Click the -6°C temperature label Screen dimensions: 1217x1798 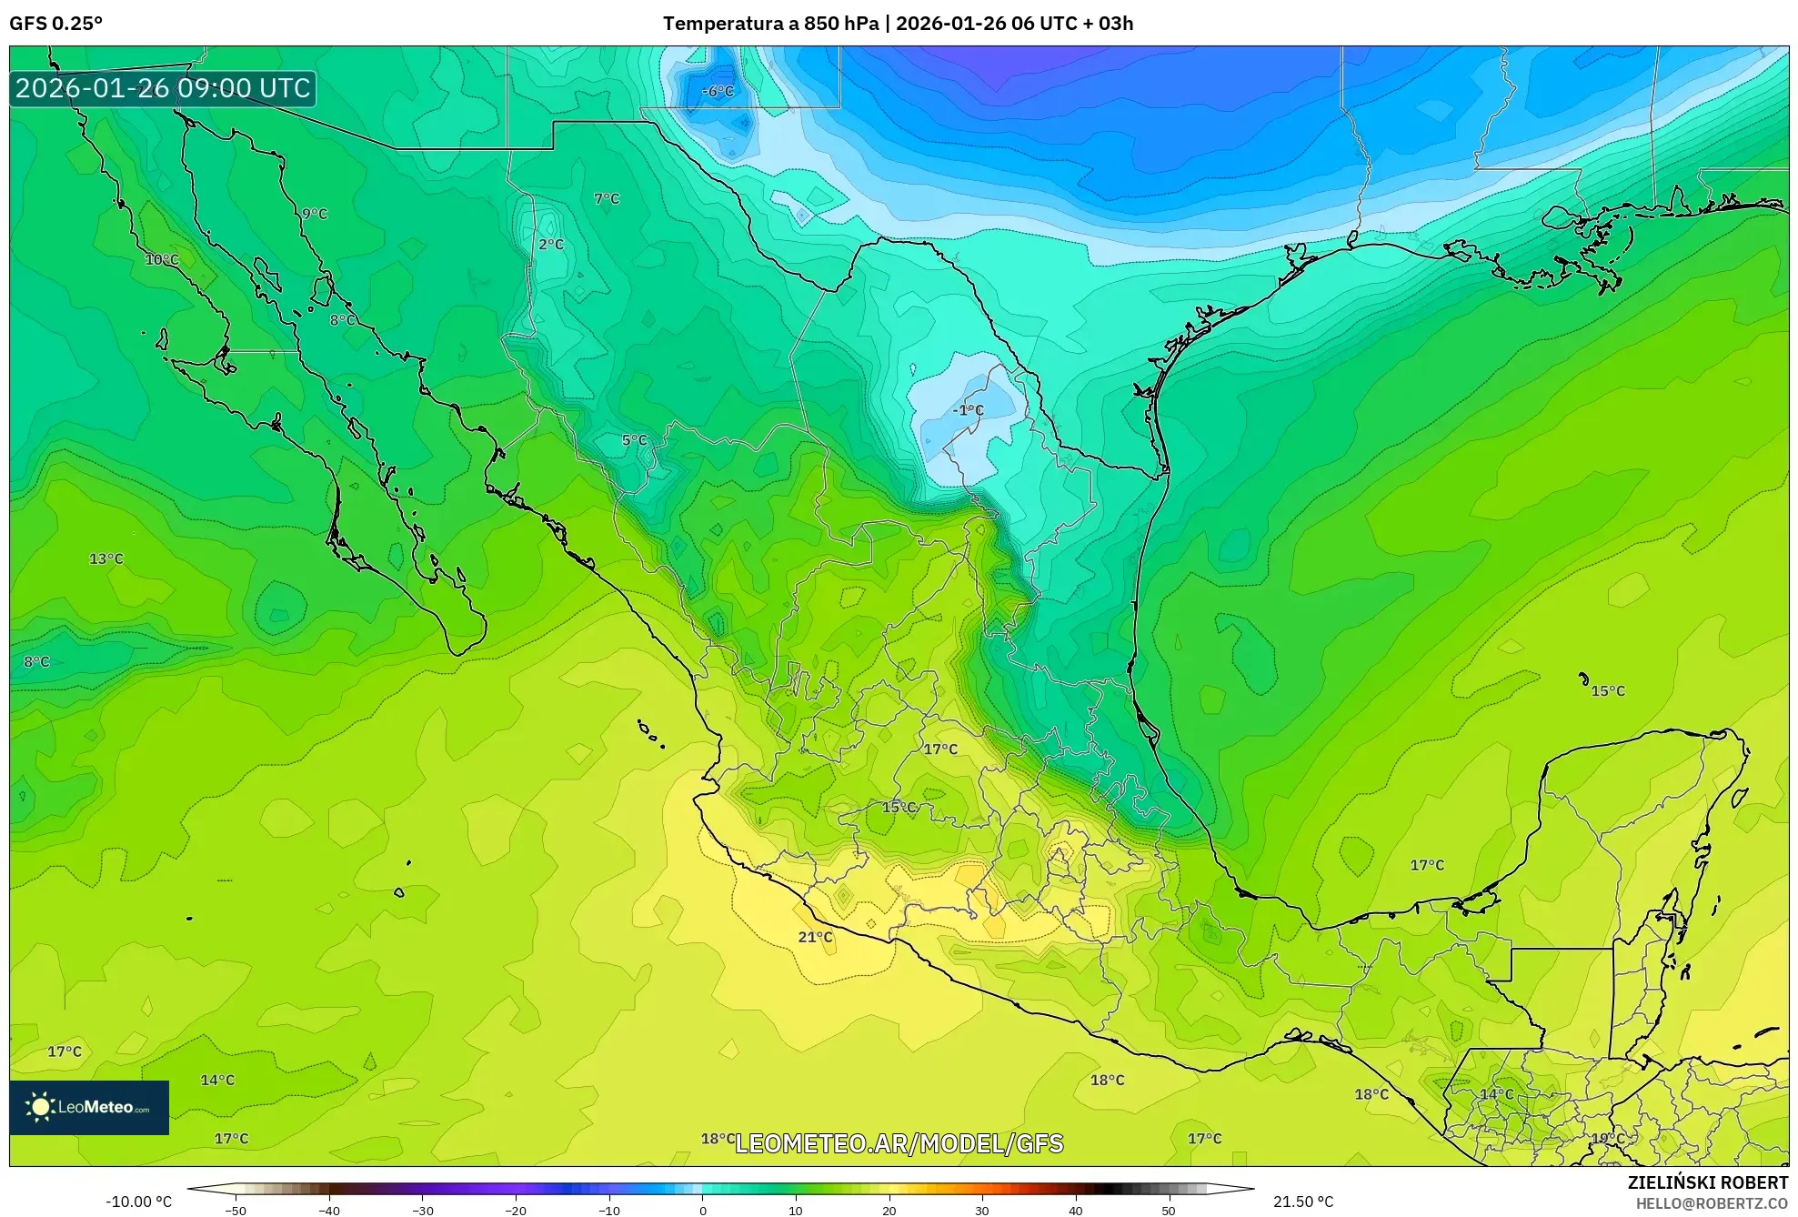point(718,91)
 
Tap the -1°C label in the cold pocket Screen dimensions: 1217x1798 point(968,410)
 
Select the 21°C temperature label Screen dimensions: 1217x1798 point(815,937)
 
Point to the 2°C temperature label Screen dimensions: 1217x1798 point(551,244)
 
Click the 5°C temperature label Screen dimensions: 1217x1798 point(634,440)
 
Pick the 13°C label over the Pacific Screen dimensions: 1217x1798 point(105,558)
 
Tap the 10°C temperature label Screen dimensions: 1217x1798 point(162,259)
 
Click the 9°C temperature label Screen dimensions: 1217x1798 point(315,214)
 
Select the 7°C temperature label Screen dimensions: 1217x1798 point(607,198)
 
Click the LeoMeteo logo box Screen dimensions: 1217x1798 point(89,1107)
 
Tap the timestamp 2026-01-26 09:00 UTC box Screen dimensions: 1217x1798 point(163,88)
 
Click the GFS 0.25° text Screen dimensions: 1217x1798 point(55,24)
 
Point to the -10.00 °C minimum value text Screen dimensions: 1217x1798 point(138,1202)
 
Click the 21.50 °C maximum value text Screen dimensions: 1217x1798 point(1302,1202)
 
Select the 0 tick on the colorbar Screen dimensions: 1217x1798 point(702,1211)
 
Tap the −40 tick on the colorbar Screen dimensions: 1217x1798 point(329,1211)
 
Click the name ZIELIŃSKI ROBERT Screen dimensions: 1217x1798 point(1707,1182)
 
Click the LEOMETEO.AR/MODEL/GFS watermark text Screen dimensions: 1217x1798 point(899,1143)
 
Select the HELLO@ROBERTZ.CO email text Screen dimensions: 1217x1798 point(1712,1203)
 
